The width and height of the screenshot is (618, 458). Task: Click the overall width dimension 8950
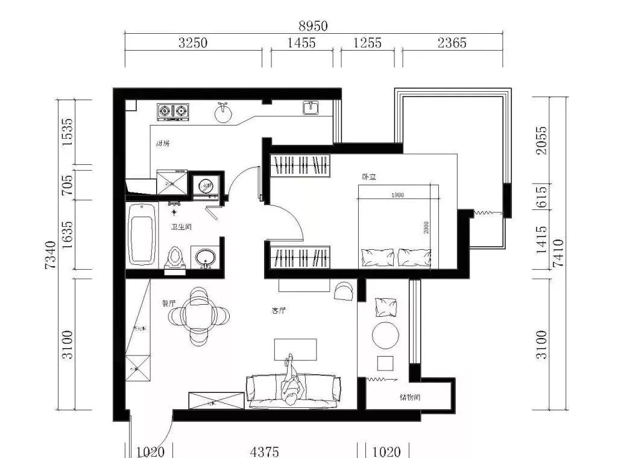(x=313, y=26)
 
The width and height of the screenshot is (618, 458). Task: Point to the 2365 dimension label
(x=452, y=43)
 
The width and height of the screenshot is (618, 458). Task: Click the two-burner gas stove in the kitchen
(x=174, y=112)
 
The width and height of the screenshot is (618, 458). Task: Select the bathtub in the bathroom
(x=142, y=234)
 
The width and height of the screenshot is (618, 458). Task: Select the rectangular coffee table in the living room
(x=295, y=350)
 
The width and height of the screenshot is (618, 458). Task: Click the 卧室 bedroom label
(x=369, y=177)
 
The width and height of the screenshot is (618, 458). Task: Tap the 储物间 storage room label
(x=409, y=398)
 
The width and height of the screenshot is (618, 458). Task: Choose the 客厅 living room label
(x=279, y=311)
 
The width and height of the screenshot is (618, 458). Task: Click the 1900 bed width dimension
(x=397, y=195)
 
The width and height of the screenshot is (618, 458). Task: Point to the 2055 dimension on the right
(x=542, y=140)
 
